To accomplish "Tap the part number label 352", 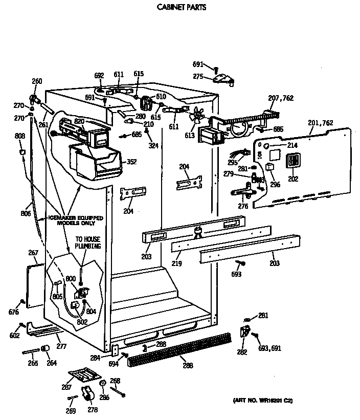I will (132, 162).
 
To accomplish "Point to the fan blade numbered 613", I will (194, 117).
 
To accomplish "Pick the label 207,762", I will (281, 98).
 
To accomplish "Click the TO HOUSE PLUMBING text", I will (88, 242).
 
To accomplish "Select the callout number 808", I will (19, 136).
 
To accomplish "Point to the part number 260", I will (37, 81).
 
